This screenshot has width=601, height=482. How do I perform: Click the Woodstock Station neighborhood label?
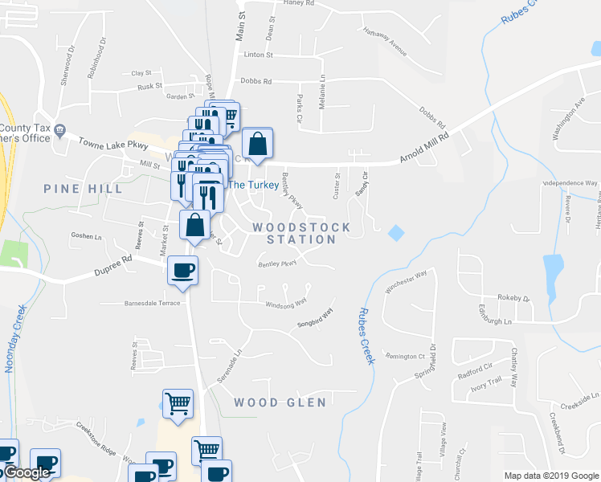point(302,233)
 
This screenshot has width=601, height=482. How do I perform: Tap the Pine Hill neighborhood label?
point(84,189)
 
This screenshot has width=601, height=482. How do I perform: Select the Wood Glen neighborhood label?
point(280,402)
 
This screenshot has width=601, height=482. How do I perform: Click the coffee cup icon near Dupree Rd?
point(182,269)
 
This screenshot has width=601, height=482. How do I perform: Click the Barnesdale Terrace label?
point(141,304)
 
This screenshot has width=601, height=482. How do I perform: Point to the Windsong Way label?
point(286,304)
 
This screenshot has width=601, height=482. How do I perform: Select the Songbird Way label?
point(316,319)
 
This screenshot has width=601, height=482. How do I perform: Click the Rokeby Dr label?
point(514,298)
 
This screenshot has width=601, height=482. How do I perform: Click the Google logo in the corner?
point(27,473)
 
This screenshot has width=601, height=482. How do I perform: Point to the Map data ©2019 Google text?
point(550,476)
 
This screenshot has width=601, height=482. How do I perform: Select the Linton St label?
point(259,55)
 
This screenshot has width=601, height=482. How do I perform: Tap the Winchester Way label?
point(407,283)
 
